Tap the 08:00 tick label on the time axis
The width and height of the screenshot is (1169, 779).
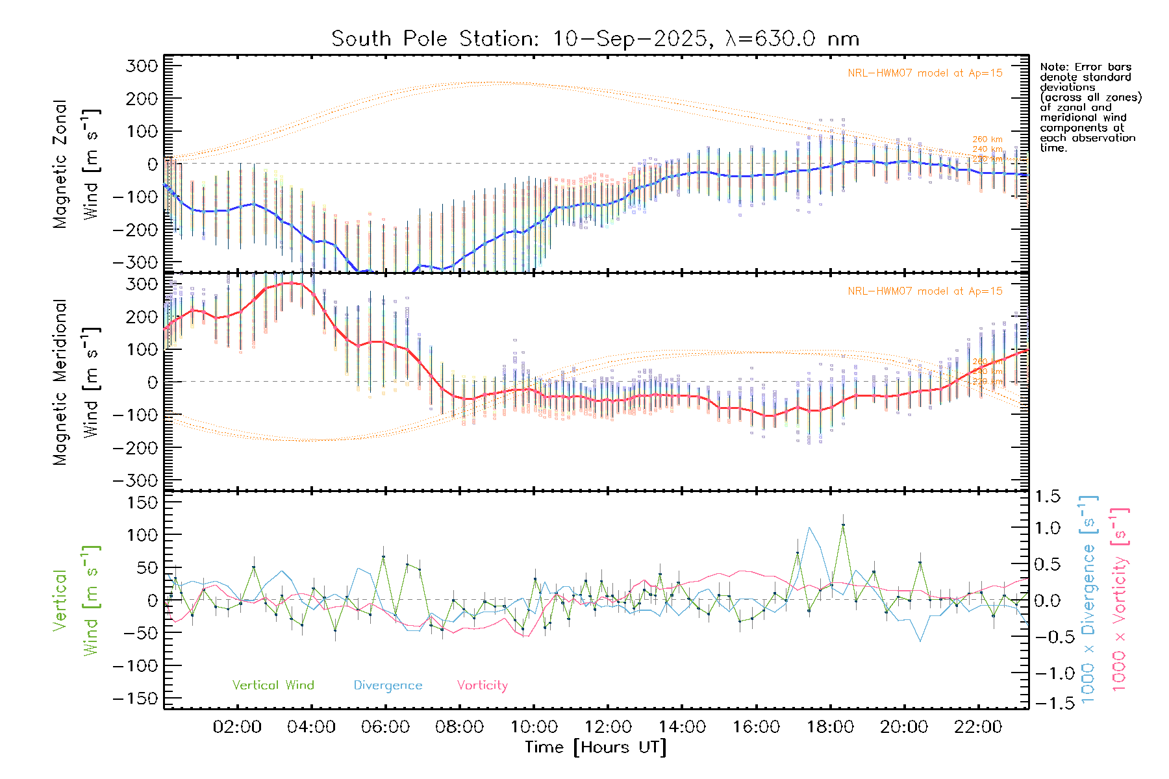pos(459,727)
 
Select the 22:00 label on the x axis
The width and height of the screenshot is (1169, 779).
pos(978,727)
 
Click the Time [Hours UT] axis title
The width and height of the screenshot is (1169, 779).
pos(596,747)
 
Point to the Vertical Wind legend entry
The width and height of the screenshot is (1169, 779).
pos(273,686)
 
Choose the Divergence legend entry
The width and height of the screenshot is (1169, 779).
pos(388,686)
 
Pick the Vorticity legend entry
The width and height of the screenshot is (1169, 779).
pos(482,686)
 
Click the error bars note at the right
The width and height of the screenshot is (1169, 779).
pos(1090,107)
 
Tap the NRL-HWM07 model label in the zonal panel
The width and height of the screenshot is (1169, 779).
pos(925,73)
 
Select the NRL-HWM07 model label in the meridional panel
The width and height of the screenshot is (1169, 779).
pos(925,291)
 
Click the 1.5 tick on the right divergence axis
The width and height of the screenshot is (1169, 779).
pos(1047,497)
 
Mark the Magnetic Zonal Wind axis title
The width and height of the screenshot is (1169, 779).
pos(77,164)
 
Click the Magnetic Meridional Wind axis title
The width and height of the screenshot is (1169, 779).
pos(77,382)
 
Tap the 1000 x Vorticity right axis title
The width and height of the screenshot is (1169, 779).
pos(1120,600)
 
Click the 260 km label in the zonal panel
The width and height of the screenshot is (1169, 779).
pos(987,140)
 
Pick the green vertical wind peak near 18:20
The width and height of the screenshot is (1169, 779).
pos(843,525)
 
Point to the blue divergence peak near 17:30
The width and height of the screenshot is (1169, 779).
pos(809,528)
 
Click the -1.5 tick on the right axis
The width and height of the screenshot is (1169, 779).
pos(1047,703)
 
